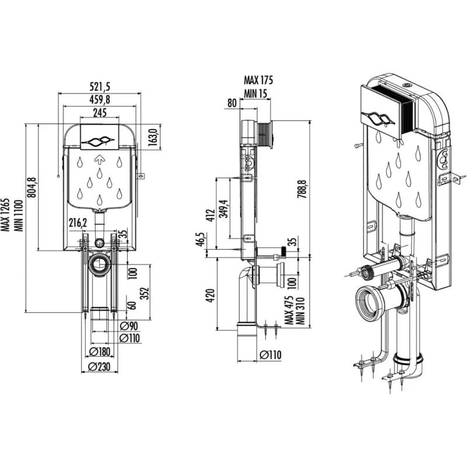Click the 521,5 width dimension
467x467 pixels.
[100, 86]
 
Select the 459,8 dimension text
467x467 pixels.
[100, 99]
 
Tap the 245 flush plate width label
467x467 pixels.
[100, 113]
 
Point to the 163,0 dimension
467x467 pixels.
[152, 137]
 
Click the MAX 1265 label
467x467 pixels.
[5, 215]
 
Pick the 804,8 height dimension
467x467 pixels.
[32, 187]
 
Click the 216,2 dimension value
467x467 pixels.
[78, 222]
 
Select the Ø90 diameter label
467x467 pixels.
[128, 326]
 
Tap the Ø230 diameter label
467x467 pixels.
[99, 367]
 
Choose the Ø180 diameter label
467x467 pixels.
[99, 352]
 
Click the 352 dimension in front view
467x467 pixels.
[144, 294]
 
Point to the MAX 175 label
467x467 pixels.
[258, 80]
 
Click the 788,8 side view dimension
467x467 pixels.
[302, 189]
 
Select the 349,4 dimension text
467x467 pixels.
[224, 209]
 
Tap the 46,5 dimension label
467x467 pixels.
[200, 239]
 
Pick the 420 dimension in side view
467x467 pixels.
[210, 295]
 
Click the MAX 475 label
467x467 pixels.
[289, 310]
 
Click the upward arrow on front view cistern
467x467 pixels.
[99, 160]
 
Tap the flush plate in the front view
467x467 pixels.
[99, 137]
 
